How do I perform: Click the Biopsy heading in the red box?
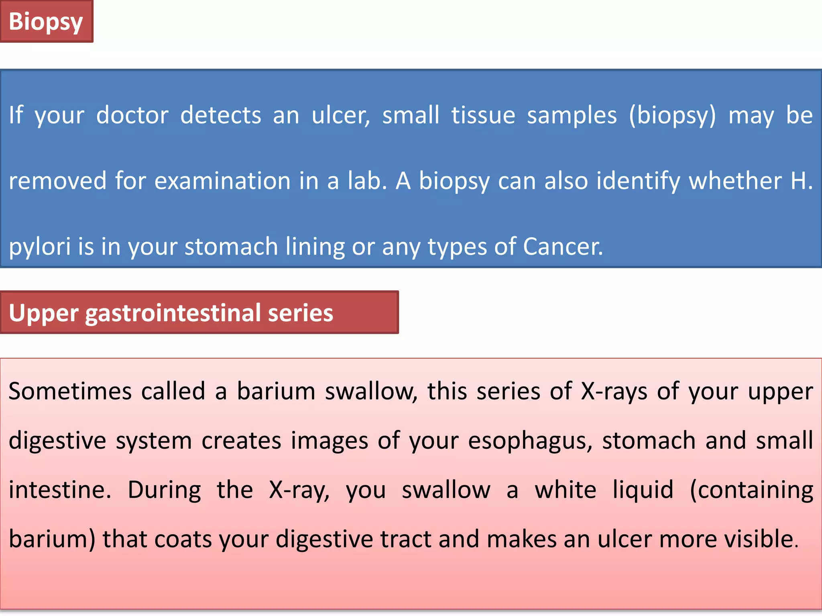(x=46, y=22)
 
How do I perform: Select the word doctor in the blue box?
(x=132, y=115)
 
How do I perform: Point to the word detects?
(x=221, y=115)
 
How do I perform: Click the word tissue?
(x=483, y=115)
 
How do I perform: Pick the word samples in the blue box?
(x=572, y=115)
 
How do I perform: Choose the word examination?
(x=222, y=181)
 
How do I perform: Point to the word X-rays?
(x=614, y=391)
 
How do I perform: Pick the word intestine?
(x=59, y=490)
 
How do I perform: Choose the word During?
(x=165, y=490)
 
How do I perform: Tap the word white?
(x=565, y=490)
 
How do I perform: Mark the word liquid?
(x=643, y=490)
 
